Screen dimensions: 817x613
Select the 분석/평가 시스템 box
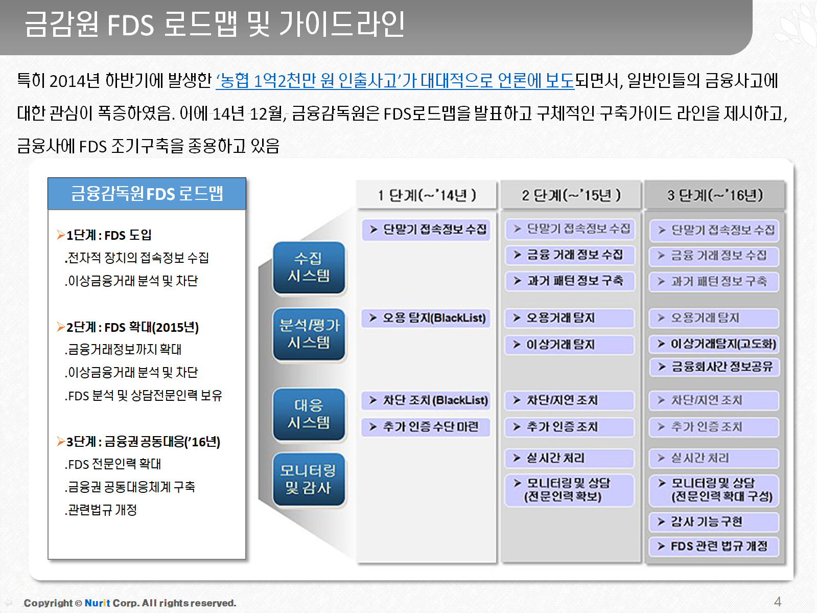309,334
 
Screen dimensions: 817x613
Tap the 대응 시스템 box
309,414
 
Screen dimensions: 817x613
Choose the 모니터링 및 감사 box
309,480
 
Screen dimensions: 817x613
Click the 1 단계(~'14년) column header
427,195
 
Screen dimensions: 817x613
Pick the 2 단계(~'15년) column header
571,195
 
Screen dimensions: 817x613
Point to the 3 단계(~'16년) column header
715,195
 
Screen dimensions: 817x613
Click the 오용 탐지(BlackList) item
427,318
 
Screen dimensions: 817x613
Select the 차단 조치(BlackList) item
427,400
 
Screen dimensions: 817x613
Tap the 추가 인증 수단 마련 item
427,427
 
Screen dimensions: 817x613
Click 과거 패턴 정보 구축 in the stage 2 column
570,281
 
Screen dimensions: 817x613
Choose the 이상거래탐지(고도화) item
715,344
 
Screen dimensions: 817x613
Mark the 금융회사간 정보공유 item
715,367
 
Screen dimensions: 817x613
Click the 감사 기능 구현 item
715,522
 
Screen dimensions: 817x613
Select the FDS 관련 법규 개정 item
715,547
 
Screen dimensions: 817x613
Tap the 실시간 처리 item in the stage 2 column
570,458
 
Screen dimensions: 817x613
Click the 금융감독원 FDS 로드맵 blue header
147,194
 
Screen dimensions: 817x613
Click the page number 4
777,601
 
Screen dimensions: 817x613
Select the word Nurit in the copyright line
97,603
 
